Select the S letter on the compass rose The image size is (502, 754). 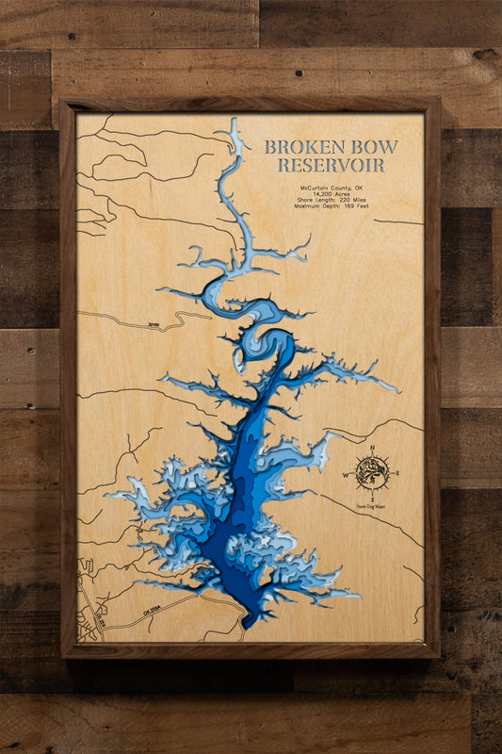[373, 500]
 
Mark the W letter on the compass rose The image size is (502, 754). [345, 474]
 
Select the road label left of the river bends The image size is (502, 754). [154, 326]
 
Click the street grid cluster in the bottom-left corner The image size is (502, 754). [89, 603]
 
